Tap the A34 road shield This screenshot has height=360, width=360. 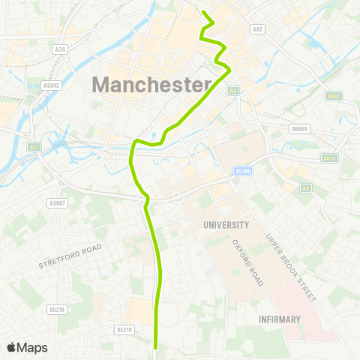click(61, 50)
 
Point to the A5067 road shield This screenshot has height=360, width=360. click(57, 202)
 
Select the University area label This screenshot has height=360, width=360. click(226, 224)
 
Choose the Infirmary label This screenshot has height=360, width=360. click(278, 319)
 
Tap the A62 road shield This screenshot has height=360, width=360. click(258, 29)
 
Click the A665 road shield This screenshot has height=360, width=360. click(334, 96)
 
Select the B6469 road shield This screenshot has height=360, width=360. click(300, 129)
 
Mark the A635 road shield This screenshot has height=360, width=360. click(328, 158)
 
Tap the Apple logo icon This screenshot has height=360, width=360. click(12, 347)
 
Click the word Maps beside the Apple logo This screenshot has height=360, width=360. click(32, 347)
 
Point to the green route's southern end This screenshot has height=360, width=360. click(156, 347)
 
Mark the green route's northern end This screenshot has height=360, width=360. click(204, 11)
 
